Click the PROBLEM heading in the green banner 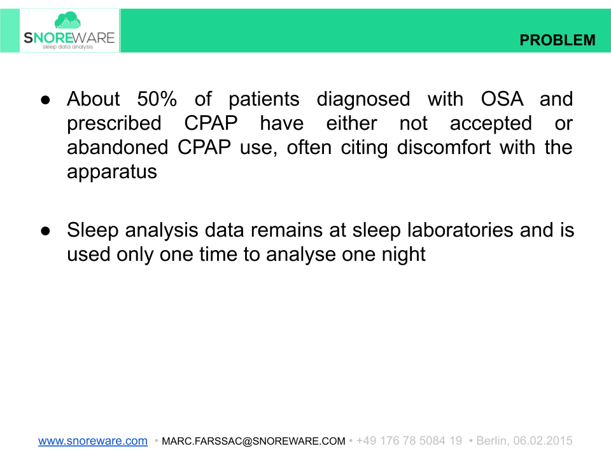pyautogui.click(x=558, y=40)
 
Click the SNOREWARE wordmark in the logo pyautogui.click(x=69, y=38)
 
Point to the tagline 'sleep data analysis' pyautogui.click(x=67, y=47)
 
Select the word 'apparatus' pyautogui.click(x=112, y=172)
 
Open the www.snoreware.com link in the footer pyautogui.click(x=93, y=441)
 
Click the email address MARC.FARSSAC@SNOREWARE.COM pyautogui.click(x=253, y=441)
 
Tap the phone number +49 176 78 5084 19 pyautogui.click(x=409, y=441)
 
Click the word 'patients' pyautogui.click(x=264, y=99)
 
